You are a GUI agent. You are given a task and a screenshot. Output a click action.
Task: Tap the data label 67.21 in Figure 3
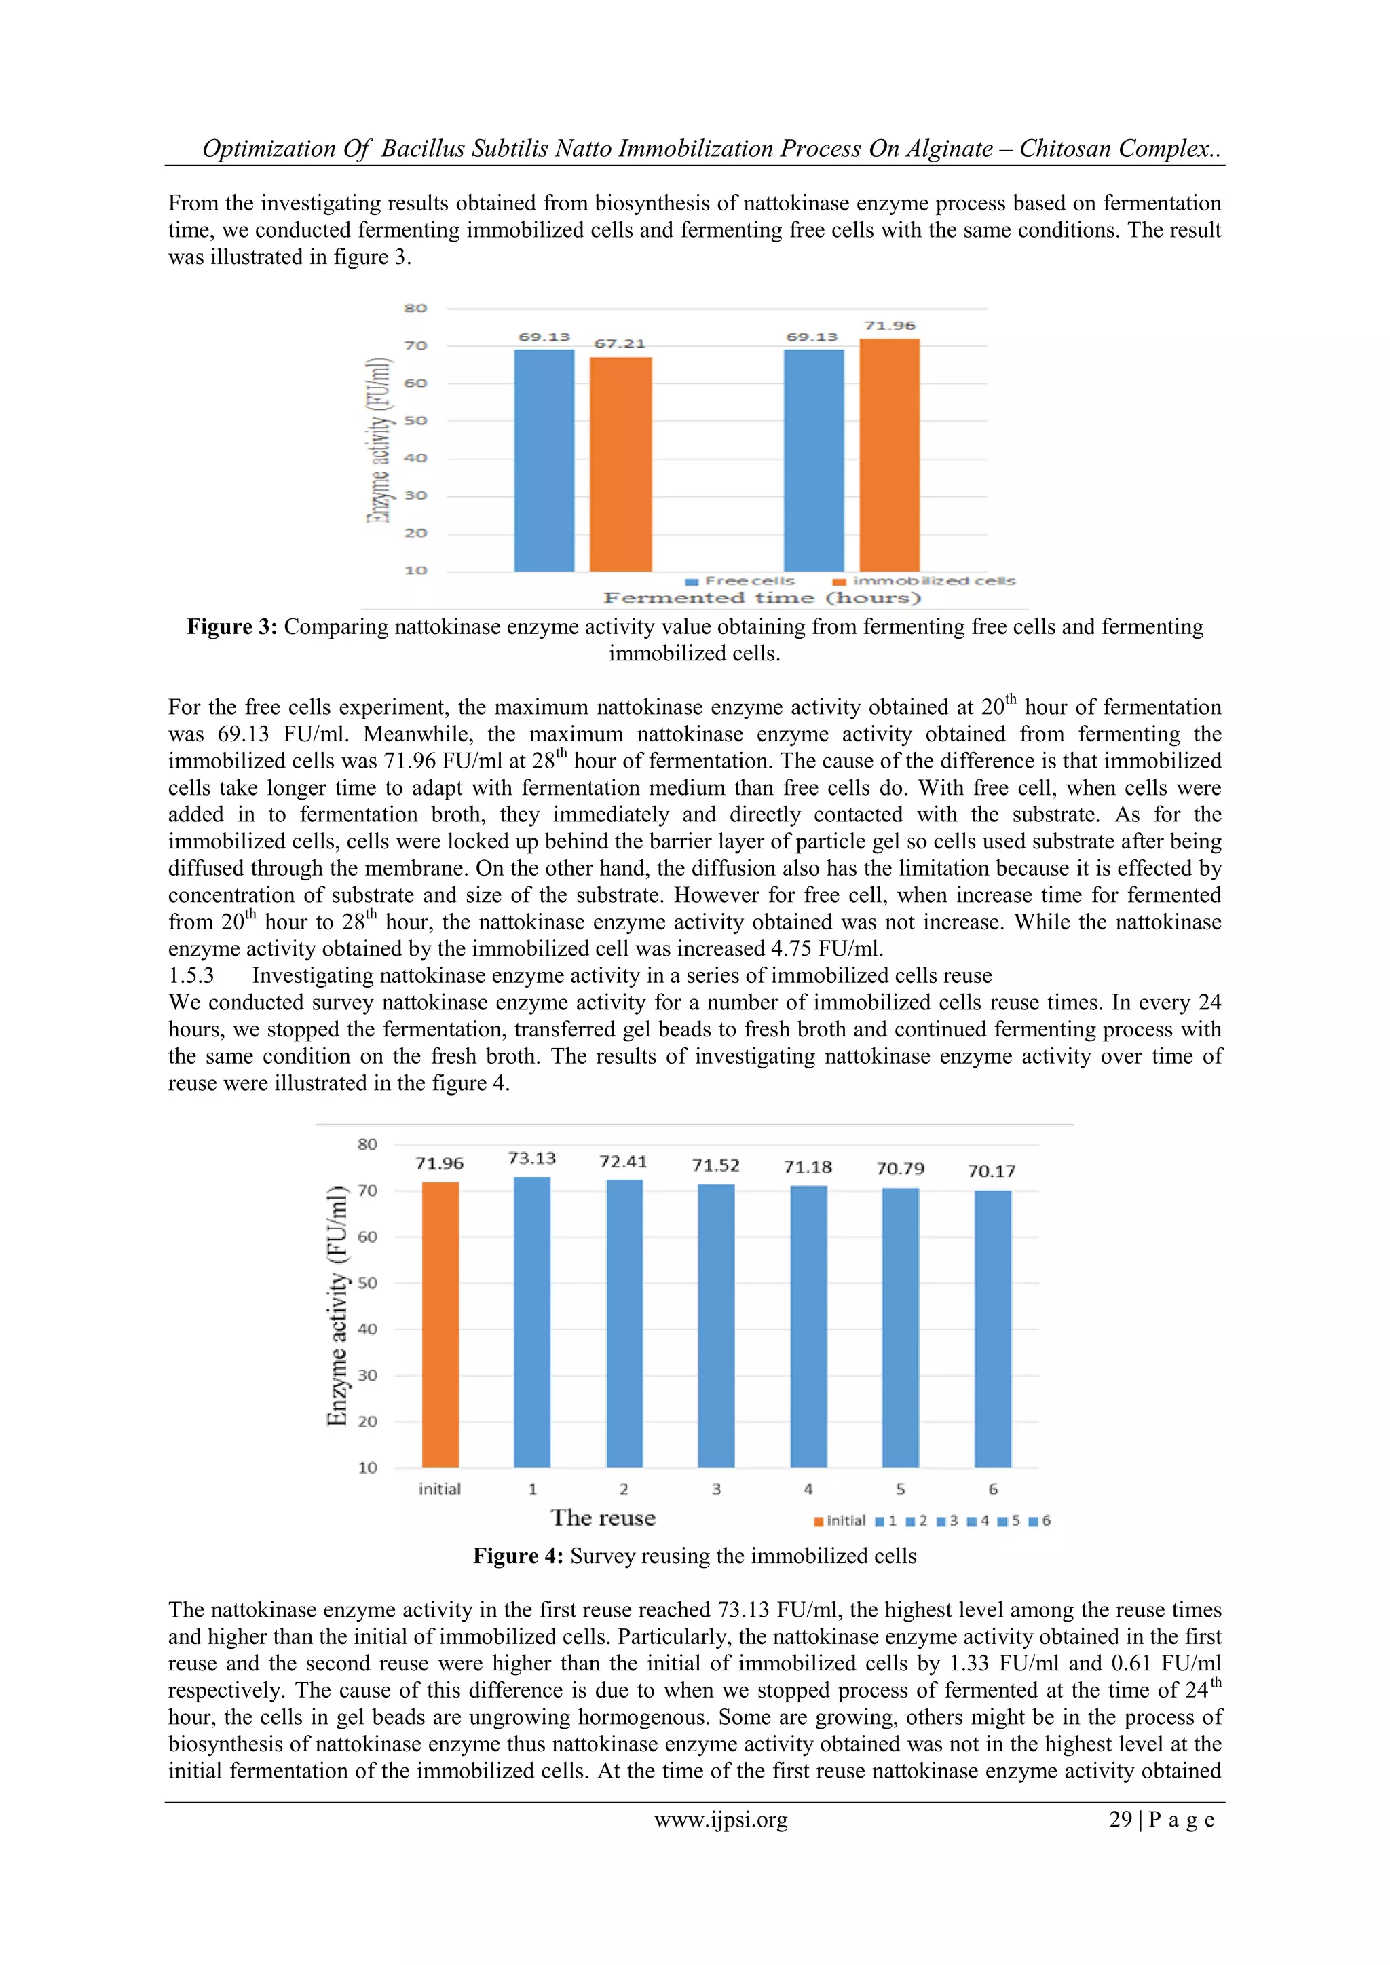620,344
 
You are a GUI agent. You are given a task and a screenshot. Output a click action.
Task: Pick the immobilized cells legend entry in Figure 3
925,581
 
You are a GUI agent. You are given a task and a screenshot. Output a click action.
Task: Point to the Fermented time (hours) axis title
762,598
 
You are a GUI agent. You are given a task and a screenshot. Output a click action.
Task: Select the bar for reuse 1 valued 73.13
531,1322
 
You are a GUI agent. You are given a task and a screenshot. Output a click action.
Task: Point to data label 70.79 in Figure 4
899,1169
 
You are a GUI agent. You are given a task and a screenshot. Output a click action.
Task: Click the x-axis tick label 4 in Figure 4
808,1489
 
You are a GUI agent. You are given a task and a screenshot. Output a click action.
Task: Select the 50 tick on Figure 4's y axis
367,1283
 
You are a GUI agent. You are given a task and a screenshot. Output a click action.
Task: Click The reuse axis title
603,1518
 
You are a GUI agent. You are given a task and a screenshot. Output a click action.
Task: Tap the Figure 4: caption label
518,1556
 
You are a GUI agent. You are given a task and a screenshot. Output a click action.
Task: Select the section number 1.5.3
191,975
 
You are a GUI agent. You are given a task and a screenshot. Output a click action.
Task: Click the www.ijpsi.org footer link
721,1820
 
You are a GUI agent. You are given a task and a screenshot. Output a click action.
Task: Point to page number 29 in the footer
1121,1820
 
